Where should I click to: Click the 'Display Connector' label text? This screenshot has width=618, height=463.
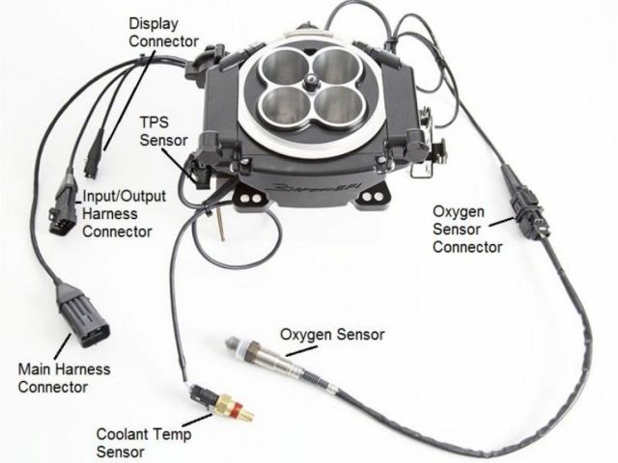pyautogui.click(x=163, y=32)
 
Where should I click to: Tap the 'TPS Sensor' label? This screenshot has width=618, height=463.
pyautogui.click(x=163, y=131)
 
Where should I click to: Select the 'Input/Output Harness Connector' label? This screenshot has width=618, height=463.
pyautogui.click(x=124, y=214)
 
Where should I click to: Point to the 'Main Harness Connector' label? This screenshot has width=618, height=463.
pyautogui.click(x=64, y=378)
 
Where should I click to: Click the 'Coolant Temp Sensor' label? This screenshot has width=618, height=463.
pyautogui.click(x=144, y=443)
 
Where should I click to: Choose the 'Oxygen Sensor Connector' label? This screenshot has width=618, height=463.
pyautogui.click(x=467, y=230)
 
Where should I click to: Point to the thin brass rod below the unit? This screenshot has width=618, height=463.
pyautogui.click(x=221, y=225)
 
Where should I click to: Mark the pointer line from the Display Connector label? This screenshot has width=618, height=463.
pyautogui.click(x=125, y=99)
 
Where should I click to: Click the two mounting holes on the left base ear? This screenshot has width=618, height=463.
pyautogui.click(x=250, y=197)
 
